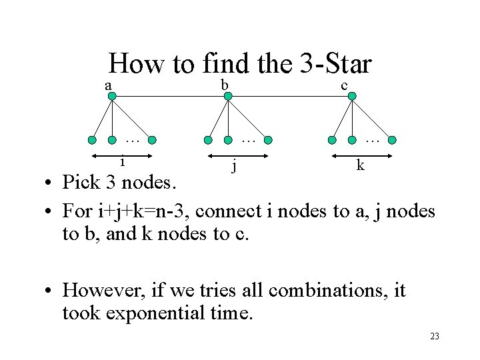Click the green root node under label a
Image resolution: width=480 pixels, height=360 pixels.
point(112,97)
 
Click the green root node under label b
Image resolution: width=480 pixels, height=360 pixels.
point(228,97)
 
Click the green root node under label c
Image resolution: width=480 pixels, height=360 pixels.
point(352,97)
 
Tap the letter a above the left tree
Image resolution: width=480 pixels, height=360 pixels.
point(107,85)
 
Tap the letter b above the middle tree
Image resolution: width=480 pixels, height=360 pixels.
point(225,84)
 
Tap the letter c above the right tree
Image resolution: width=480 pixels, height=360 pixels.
point(344,85)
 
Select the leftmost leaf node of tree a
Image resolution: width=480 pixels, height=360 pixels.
point(93,141)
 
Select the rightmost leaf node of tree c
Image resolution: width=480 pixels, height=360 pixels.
point(392,141)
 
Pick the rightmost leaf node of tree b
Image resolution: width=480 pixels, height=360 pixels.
point(267,141)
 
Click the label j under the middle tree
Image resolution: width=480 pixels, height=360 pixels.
point(233,165)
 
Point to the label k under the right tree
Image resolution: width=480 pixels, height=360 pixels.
point(360,164)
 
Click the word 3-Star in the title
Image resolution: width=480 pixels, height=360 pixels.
point(336,64)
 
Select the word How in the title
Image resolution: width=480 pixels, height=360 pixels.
point(137,64)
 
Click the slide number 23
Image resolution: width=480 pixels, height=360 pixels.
point(435,337)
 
